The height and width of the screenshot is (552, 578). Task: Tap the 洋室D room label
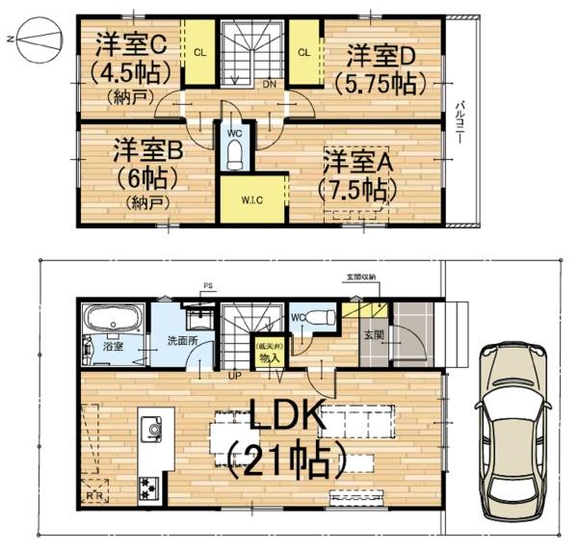click(381, 52)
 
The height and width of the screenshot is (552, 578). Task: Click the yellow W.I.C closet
click(253, 199)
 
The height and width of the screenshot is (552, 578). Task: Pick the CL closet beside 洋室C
click(199, 52)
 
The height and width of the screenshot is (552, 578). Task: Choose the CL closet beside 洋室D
click(303, 52)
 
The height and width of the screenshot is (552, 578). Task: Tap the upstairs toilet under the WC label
click(234, 154)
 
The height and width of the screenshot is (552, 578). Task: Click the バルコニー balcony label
click(462, 120)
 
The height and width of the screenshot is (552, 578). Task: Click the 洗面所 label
click(181, 340)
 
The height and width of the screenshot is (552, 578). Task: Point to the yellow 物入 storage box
click(268, 353)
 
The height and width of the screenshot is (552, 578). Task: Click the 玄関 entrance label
click(374, 335)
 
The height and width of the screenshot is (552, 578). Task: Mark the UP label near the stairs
click(234, 376)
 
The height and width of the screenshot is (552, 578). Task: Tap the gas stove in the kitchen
click(150, 486)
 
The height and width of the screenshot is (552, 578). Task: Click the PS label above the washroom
click(207, 286)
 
